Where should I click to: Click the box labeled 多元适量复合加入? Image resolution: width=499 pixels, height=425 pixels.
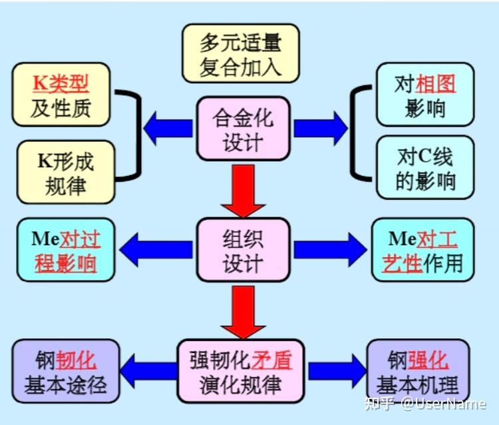(x=240, y=53)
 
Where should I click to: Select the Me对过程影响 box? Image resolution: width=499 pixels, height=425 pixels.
(x=66, y=250)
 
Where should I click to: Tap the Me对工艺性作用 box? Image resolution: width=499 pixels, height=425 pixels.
(x=425, y=250)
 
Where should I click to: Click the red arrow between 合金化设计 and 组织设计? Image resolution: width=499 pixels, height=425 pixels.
(x=242, y=189)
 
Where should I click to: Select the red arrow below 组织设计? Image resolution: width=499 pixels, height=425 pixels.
(x=242, y=311)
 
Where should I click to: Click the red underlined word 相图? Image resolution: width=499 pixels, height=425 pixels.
(x=436, y=84)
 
